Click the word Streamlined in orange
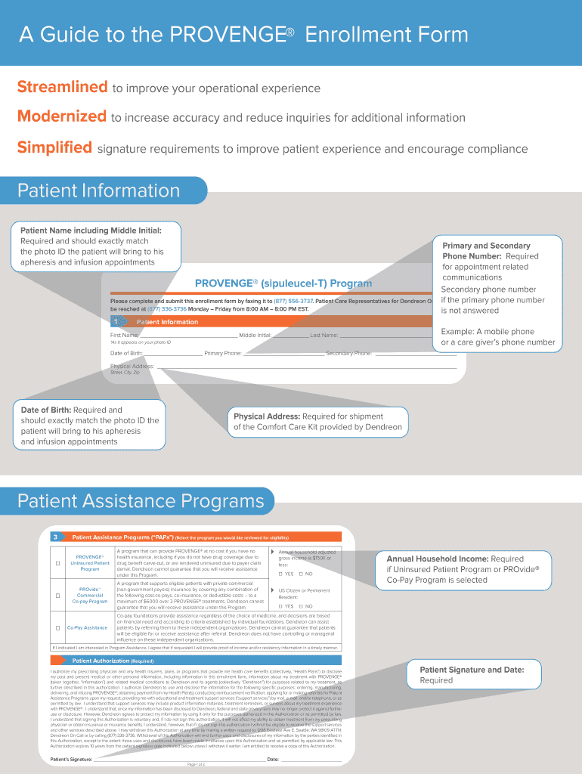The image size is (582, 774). point(62,87)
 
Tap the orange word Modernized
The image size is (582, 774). point(62,116)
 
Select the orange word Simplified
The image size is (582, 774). point(54,147)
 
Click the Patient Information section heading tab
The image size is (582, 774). point(99,190)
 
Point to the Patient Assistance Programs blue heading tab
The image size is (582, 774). point(141,501)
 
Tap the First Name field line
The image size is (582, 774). point(189,336)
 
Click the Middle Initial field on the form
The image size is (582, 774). point(290,336)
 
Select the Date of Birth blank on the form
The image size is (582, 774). point(173,353)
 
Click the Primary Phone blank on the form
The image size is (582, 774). point(283,353)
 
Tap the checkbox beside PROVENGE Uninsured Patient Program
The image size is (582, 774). point(57,564)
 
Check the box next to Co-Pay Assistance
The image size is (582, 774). point(57,627)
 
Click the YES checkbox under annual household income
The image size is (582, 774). point(280,574)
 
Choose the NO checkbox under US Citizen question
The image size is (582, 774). point(300,606)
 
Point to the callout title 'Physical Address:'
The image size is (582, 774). point(266,416)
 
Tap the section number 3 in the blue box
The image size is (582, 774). point(55,537)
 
